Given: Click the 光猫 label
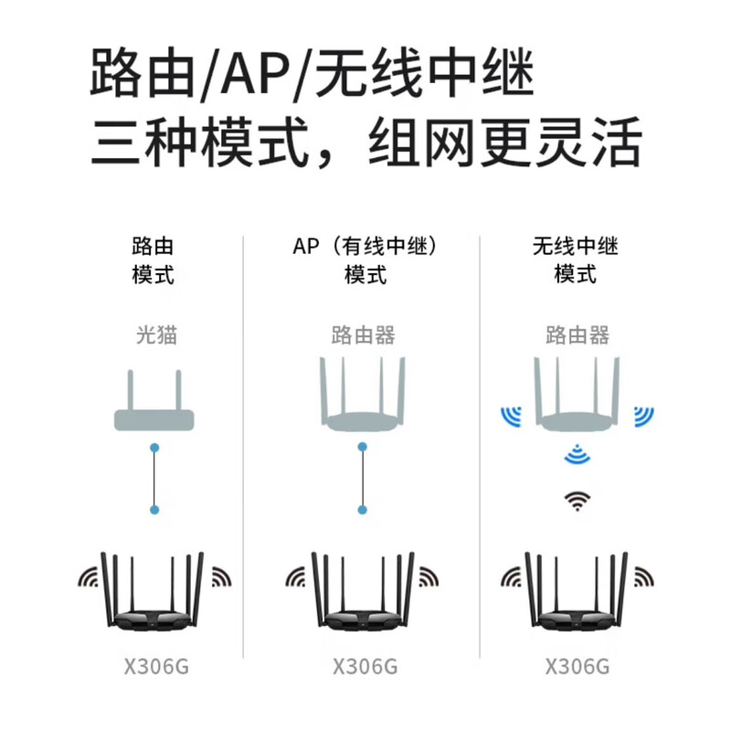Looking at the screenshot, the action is click(x=156, y=335).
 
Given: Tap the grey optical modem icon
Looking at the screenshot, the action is click(x=154, y=400).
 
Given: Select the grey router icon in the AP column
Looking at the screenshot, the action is click(x=363, y=394).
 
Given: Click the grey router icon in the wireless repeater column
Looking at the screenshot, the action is click(x=577, y=394).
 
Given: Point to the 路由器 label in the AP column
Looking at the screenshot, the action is click(x=363, y=335).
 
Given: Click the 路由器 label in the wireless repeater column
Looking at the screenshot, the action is click(x=577, y=335).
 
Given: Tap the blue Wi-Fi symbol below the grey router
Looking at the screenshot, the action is click(x=577, y=454).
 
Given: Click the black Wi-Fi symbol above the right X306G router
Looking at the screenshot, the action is click(x=577, y=501).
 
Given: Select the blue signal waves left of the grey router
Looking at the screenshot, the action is click(x=512, y=417).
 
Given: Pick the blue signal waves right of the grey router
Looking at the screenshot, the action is click(x=643, y=417).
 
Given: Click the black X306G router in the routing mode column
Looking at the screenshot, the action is click(x=153, y=592).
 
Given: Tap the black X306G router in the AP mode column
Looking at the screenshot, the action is click(x=363, y=592).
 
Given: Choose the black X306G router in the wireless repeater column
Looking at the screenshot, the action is click(x=577, y=592).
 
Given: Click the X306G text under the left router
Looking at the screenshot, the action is click(x=156, y=666).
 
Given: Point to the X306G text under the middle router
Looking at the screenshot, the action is click(x=365, y=666).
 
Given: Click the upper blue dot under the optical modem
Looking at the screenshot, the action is click(x=154, y=448).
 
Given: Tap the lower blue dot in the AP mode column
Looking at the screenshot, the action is click(x=362, y=510).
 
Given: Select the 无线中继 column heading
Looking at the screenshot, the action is click(x=576, y=246).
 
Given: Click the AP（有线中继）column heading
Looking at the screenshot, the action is click(x=365, y=246).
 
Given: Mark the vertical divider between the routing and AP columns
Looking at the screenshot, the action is click(x=243, y=447).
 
